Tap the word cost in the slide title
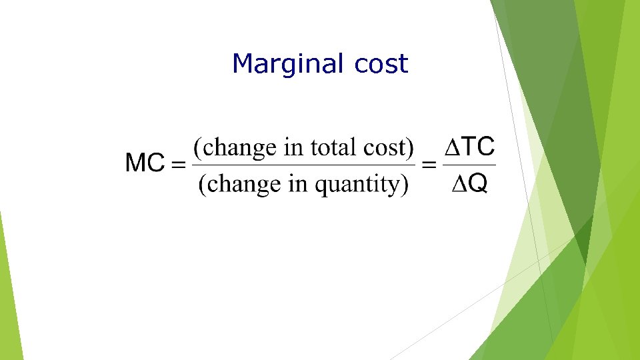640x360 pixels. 381,65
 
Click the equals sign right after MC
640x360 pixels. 179,165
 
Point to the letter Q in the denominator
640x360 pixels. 477,185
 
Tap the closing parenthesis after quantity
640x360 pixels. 404,185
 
